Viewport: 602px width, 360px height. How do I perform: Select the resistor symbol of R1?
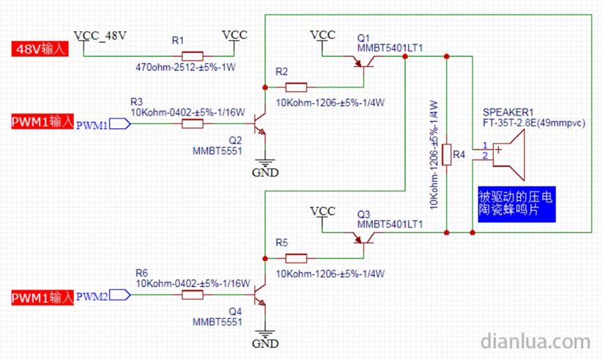(x=192, y=55)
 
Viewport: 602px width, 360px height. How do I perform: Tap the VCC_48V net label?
(x=100, y=34)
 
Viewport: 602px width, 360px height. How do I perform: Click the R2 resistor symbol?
(x=296, y=87)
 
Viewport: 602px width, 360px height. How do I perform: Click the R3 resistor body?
(x=192, y=124)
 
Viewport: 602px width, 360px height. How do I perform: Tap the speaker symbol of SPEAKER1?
(x=508, y=151)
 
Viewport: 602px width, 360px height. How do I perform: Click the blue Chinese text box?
(x=516, y=203)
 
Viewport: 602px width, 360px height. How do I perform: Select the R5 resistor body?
(x=296, y=260)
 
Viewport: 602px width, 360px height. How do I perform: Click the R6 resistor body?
(x=192, y=296)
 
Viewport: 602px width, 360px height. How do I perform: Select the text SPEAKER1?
(x=507, y=112)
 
